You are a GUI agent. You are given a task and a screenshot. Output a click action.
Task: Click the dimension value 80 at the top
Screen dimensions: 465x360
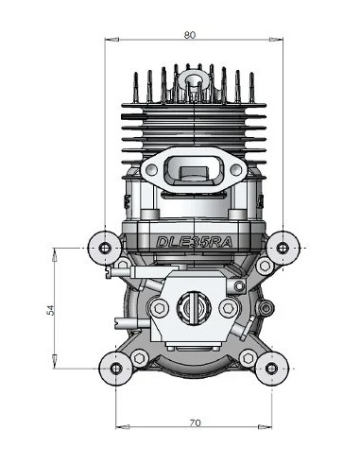190,35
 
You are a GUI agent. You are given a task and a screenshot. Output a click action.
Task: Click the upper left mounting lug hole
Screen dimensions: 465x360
103,248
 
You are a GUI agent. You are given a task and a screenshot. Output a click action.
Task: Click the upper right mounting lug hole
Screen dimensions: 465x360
283,248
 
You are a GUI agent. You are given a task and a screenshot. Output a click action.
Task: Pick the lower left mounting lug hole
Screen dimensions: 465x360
115,366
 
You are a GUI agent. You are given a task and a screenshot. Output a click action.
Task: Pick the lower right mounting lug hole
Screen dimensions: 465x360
271,366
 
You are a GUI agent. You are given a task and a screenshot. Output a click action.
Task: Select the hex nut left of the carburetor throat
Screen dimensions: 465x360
159,308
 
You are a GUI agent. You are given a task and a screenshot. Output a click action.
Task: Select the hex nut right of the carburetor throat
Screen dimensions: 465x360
228,308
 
